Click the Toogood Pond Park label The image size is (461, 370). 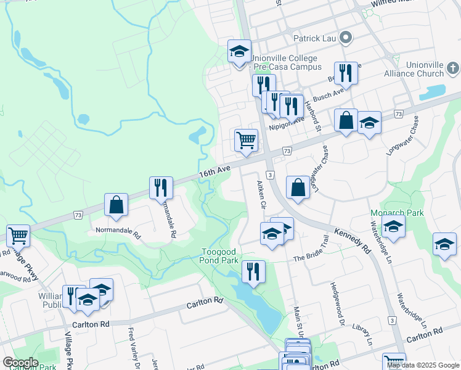[221, 256]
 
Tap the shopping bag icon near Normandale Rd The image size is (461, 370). [116, 205]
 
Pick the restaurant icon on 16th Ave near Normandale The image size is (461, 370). [160, 187]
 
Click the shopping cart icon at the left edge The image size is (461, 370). [18, 235]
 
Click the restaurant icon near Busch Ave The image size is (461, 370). [346, 73]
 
